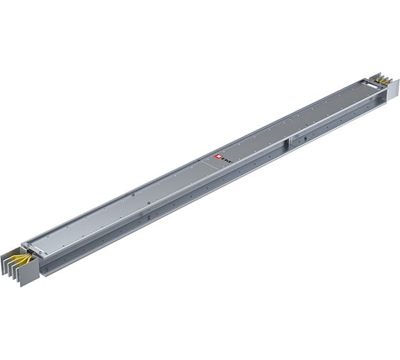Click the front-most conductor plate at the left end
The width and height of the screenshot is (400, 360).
[x=29, y=274]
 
